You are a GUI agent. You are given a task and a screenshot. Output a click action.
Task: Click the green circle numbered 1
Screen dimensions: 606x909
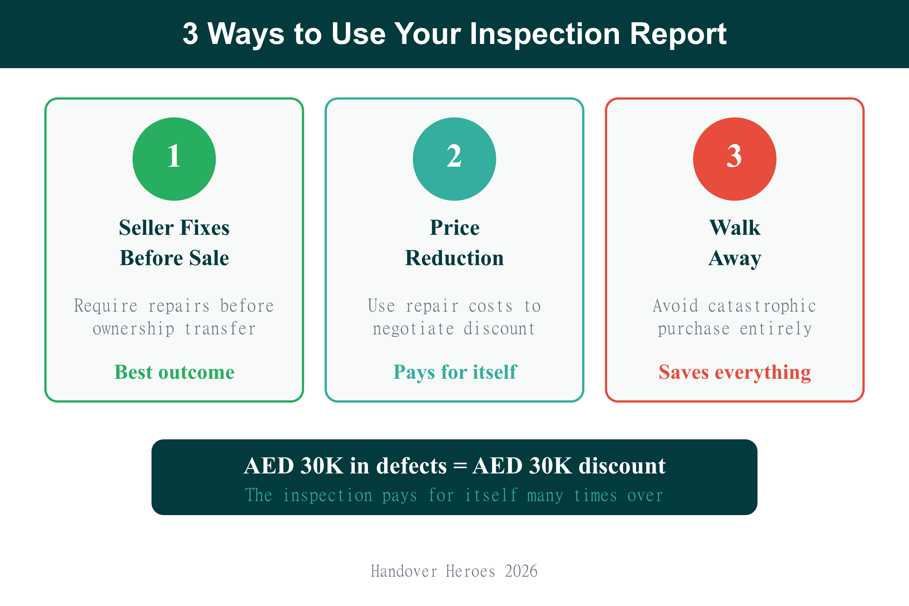[x=174, y=159]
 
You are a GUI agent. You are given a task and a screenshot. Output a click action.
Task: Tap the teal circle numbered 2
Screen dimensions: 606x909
[x=454, y=159]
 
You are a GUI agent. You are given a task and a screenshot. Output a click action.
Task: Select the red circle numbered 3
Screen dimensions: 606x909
[x=734, y=159]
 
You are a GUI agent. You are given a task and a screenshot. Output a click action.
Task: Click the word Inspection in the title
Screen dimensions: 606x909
[x=545, y=34]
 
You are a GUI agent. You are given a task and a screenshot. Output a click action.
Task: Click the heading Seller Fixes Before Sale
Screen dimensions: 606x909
[x=174, y=243]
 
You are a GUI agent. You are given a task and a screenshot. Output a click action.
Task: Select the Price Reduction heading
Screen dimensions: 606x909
[x=454, y=243]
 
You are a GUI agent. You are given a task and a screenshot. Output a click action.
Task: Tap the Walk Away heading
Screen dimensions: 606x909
[x=734, y=243]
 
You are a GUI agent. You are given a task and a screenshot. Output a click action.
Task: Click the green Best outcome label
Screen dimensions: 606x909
[x=174, y=372]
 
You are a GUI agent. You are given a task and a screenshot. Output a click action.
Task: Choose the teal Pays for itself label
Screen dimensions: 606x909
[x=454, y=372]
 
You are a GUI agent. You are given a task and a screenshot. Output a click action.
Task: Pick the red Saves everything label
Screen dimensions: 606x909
[x=735, y=372]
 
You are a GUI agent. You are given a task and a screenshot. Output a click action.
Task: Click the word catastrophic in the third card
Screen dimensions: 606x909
[x=762, y=306]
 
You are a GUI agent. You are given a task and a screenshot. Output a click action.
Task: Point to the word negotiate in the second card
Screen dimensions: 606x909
[x=413, y=329]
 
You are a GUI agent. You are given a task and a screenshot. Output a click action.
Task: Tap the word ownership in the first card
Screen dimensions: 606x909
[x=133, y=329]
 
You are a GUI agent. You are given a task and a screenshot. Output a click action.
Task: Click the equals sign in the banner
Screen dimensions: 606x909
[x=459, y=465]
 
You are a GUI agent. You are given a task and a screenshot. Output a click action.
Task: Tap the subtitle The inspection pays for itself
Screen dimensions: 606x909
[x=454, y=495]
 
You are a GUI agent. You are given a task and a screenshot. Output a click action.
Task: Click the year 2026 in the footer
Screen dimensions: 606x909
[x=521, y=571]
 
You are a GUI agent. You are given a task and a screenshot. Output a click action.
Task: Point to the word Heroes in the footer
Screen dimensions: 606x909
[x=470, y=571]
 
